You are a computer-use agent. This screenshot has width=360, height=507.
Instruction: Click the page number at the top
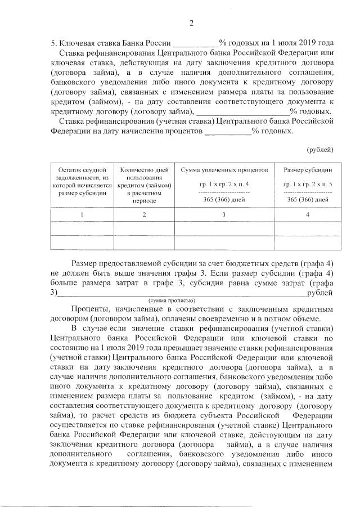(191, 23)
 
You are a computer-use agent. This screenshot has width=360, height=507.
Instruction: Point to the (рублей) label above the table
(320, 150)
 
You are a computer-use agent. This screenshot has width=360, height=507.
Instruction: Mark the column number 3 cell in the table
(224, 215)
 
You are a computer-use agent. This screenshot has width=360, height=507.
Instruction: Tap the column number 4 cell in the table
(307, 215)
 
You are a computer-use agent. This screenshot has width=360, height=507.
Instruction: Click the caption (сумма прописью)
(172, 301)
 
